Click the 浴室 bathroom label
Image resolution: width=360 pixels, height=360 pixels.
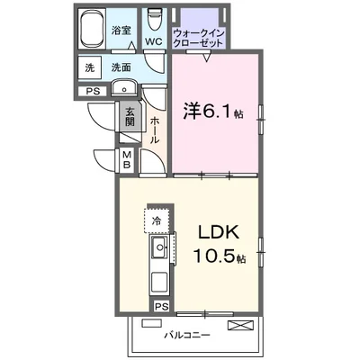click(121, 31)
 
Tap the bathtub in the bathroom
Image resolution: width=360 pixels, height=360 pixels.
click(92, 29)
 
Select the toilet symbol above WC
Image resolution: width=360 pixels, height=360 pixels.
click(154, 19)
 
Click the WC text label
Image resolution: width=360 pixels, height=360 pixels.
click(154, 41)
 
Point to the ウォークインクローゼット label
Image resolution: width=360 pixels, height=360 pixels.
click(199, 38)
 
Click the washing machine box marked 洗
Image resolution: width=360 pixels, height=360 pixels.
click(89, 68)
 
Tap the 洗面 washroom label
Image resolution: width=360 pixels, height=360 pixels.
click(121, 67)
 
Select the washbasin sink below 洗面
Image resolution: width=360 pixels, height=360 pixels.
click(124, 88)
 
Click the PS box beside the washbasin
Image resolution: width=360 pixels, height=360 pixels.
click(93, 91)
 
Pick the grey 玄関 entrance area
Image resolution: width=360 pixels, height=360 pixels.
click(130, 116)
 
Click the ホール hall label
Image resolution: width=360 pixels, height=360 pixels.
click(155, 130)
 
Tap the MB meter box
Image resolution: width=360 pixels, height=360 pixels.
click(127, 160)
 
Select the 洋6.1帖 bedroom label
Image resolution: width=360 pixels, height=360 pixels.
click(212, 112)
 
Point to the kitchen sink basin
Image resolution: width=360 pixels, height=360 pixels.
click(160, 247)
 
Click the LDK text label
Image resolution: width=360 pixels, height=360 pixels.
click(218, 232)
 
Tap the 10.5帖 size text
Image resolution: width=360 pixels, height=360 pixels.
click(220, 256)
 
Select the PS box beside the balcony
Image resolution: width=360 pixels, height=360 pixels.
click(162, 307)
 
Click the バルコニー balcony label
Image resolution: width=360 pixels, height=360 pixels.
click(186, 335)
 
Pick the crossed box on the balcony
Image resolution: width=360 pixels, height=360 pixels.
click(240, 326)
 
